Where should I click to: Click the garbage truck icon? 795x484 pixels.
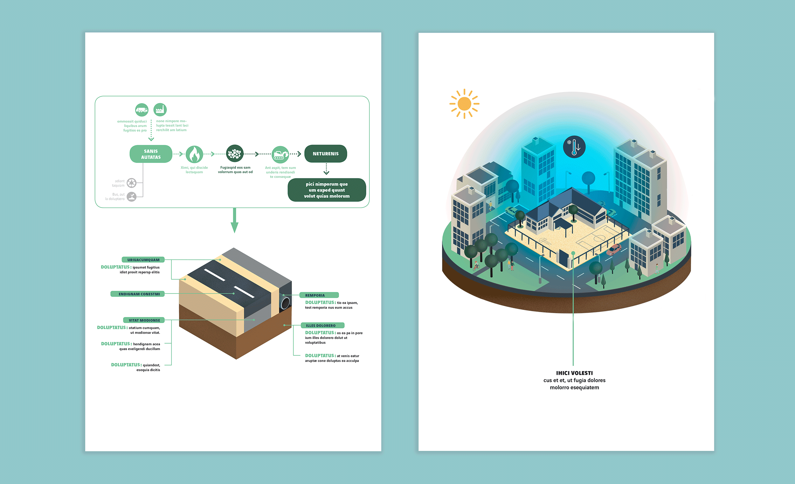142,110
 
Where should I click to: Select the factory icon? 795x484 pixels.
160,110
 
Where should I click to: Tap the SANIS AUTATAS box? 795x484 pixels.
151,154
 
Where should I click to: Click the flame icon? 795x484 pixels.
194,154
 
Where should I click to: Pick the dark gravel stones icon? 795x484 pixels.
235,154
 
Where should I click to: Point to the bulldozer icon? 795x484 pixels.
280,154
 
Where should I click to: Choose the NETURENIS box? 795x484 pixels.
326,154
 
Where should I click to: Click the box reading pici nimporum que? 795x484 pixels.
327,190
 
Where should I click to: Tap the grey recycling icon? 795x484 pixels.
131,183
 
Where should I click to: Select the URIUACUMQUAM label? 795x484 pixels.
143,260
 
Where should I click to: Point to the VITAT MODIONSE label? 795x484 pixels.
144,320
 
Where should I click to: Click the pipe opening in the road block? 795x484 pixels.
285,304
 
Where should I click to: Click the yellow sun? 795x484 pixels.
464,104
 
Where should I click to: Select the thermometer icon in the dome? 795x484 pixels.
574,147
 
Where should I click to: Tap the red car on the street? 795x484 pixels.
614,249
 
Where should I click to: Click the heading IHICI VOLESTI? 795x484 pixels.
574,373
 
